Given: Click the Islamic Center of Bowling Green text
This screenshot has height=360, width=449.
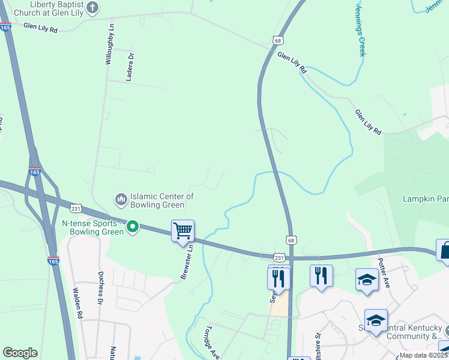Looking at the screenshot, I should tap(162, 200).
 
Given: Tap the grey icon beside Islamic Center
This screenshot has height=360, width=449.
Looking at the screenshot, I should tap(121, 197).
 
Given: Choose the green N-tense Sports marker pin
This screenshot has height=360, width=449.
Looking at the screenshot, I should tap(134, 227).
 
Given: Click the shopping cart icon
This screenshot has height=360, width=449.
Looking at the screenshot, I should tap(182, 231).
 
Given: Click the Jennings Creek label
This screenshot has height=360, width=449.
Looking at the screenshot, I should tap(360, 28).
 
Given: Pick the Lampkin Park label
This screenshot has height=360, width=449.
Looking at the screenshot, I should tap(426, 198).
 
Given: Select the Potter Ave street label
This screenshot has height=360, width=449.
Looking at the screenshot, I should tap(384, 273).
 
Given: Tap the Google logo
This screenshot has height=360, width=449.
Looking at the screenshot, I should tap(20, 353).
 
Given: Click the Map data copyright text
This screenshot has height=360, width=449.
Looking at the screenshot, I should tap(424, 355).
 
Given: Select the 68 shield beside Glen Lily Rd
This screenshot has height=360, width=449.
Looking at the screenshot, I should tap(277, 40).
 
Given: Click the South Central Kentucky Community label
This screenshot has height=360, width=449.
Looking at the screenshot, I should tap(408, 332).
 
